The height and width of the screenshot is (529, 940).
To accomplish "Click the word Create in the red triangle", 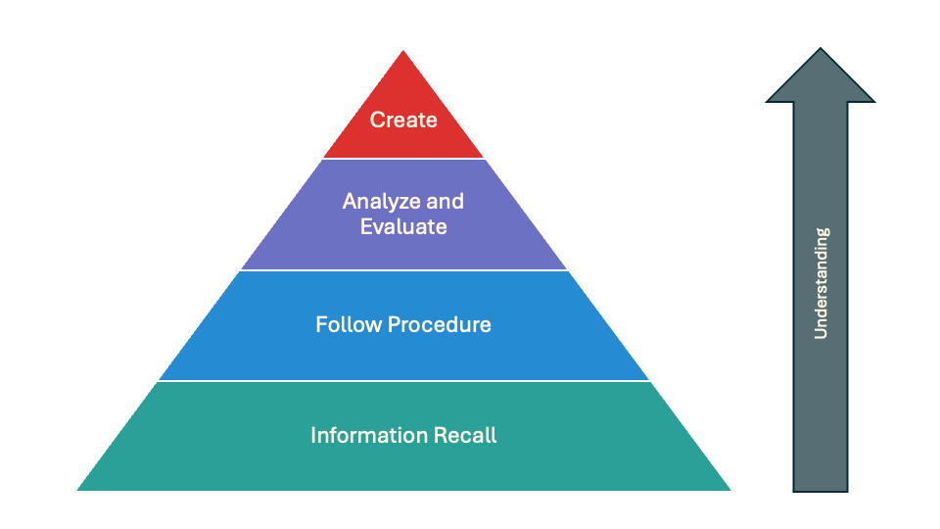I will tap(403, 120).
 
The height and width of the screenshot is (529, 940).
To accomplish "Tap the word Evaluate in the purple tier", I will tap(403, 227).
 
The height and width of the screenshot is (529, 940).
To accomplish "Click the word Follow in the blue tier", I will tap(349, 324).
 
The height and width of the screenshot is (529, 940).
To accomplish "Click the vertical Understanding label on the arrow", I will tap(821, 284).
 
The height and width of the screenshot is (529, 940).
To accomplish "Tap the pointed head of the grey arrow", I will tap(821, 69).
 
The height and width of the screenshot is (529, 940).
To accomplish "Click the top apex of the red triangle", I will tap(403, 52).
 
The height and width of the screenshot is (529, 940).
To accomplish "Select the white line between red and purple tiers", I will tap(403, 159).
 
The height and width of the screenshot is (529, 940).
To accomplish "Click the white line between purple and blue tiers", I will tap(403, 270).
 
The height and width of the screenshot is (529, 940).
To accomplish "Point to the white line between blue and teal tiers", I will tap(403, 381).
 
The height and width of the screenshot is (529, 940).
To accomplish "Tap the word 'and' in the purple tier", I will tap(446, 202).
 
